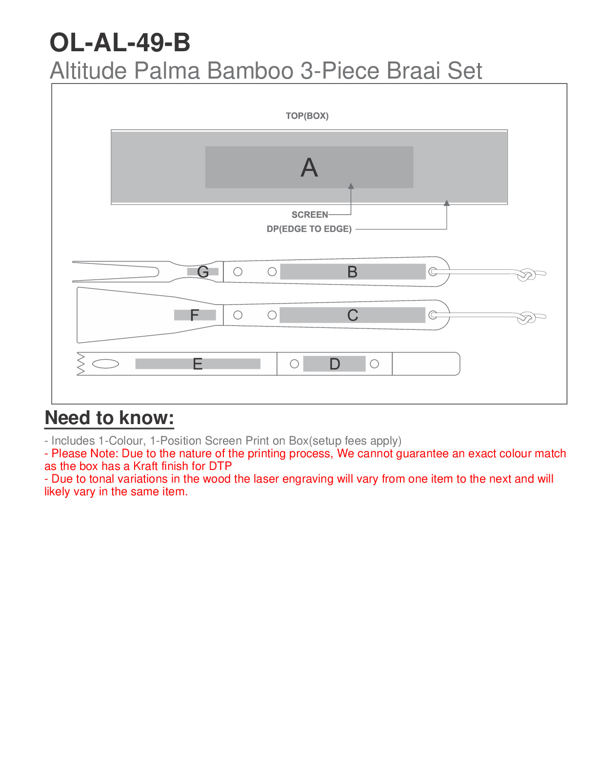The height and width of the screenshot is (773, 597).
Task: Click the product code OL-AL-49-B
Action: pyautogui.click(x=120, y=42)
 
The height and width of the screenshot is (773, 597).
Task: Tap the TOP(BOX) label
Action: pyautogui.click(x=307, y=116)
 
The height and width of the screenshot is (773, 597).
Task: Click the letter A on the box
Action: pyautogui.click(x=309, y=168)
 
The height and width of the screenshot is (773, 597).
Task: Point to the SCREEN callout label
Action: pyautogui.click(x=310, y=215)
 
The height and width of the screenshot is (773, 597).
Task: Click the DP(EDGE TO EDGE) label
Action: pyautogui.click(x=309, y=229)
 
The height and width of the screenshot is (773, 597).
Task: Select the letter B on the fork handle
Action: pyautogui.click(x=352, y=272)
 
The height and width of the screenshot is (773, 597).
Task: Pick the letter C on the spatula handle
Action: pyautogui.click(x=353, y=315)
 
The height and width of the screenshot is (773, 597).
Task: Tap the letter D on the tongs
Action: pyautogui.click(x=335, y=364)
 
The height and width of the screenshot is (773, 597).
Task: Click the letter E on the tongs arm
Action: pyautogui.click(x=198, y=364)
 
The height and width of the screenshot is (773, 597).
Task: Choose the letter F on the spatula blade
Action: pyautogui.click(x=194, y=316)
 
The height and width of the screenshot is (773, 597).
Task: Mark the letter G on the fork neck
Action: pyautogui.click(x=203, y=272)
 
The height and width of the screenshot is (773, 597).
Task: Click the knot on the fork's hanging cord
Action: pyautogui.click(x=527, y=275)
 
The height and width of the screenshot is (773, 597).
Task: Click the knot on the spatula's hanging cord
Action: pyautogui.click(x=527, y=319)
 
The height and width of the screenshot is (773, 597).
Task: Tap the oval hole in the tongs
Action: pyautogui.click(x=105, y=364)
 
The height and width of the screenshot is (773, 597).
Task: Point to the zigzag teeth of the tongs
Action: pyautogui.click(x=81, y=364)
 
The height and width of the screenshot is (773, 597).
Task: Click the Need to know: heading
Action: pyautogui.click(x=109, y=418)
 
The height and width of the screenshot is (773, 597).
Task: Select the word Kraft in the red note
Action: pyautogui.click(x=145, y=466)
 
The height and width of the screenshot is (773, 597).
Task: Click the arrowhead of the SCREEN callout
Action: pyautogui.click(x=351, y=186)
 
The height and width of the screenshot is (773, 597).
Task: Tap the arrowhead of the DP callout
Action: pyautogui.click(x=446, y=203)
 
